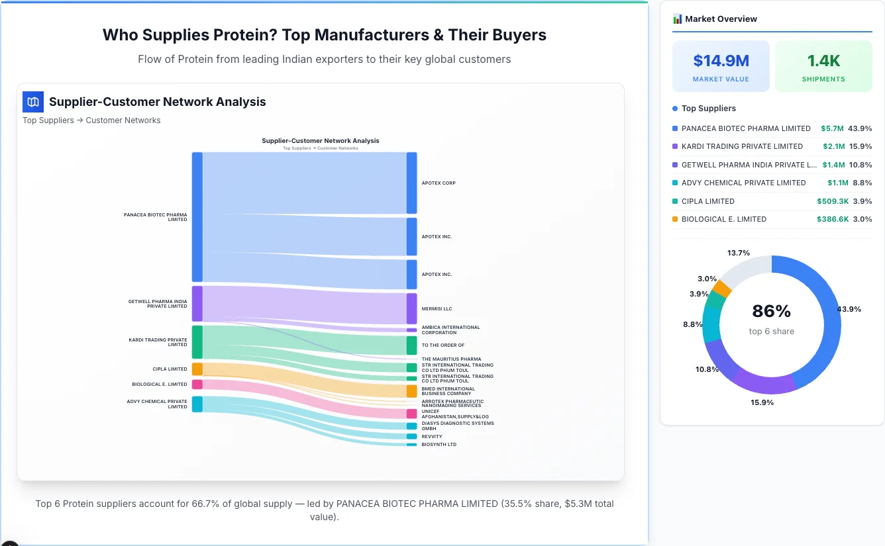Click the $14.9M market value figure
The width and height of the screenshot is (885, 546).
[721, 61]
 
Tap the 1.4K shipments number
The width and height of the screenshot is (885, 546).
[823, 61]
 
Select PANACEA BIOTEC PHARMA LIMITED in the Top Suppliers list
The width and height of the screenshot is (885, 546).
[746, 128]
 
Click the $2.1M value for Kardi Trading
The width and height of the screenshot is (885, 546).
[833, 146]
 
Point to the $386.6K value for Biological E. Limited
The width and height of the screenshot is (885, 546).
[833, 219]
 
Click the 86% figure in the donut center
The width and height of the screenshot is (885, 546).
[771, 311]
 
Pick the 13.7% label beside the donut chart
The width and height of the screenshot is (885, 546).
[738, 253]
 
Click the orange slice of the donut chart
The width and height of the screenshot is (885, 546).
[721, 289]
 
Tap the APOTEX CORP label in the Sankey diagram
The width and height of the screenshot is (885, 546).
[439, 183]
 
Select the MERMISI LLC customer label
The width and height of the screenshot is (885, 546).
[437, 309]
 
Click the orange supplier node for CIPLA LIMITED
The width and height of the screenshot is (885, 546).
[197, 369]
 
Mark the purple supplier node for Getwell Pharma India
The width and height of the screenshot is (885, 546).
[197, 303]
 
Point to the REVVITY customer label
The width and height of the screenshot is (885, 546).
[432, 437]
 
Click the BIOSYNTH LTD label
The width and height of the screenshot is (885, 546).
[439, 445]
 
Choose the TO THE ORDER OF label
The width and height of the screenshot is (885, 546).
[443, 345]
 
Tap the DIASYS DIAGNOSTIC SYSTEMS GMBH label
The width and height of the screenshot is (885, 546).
[457, 426]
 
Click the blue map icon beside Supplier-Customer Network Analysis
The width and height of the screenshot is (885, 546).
[33, 102]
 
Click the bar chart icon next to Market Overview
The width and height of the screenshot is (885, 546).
[677, 19]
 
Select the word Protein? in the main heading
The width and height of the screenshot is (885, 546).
[244, 35]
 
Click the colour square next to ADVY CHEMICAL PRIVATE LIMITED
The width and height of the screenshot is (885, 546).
[675, 183]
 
